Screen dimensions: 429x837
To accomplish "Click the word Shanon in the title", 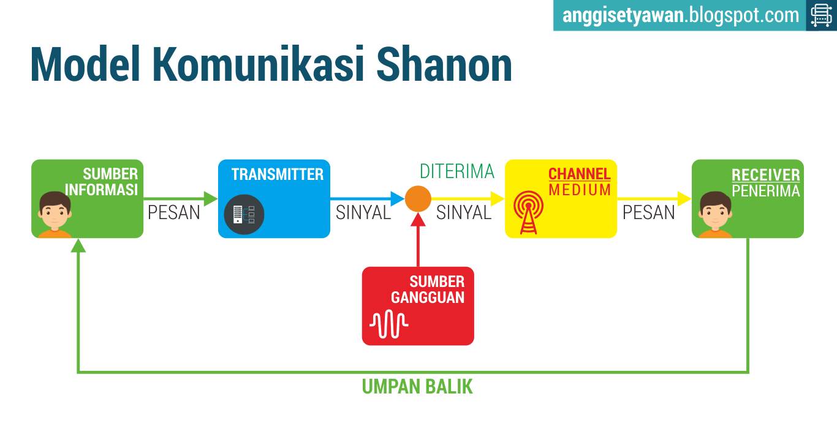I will pyautogui.click(x=444, y=64).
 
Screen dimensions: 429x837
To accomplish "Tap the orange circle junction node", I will pyautogui.click(x=418, y=198).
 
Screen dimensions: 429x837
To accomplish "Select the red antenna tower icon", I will pyautogui.click(x=528, y=212).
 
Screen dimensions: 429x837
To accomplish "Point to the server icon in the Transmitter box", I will pyautogui.click(x=244, y=214).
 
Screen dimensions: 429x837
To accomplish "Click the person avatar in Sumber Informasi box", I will pyautogui.click(x=55, y=215).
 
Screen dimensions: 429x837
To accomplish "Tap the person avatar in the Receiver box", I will pyautogui.click(x=716, y=215).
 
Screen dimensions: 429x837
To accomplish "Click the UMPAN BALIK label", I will pyautogui.click(x=417, y=387).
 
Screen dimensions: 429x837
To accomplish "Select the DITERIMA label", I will pyautogui.click(x=456, y=171).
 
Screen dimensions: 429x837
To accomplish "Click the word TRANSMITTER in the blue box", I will pyautogui.click(x=277, y=174).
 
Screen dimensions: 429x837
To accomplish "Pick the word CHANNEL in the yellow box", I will pyautogui.click(x=579, y=174).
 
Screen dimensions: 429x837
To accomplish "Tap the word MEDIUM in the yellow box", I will pyautogui.click(x=580, y=190).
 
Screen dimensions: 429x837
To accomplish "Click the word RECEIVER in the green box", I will pyautogui.click(x=765, y=176).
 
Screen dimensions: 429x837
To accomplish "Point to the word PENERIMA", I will pyautogui.click(x=765, y=191).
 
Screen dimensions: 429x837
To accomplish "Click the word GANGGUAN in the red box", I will pyautogui.click(x=428, y=297).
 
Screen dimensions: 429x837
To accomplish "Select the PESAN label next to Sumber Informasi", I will pyautogui.click(x=174, y=212).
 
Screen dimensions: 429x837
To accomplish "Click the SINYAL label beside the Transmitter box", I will pyautogui.click(x=363, y=212).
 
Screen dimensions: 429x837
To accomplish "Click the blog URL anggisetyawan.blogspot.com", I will pyautogui.click(x=681, y=15).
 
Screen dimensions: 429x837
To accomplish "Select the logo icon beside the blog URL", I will pyautogui.click(x=821, y=15).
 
